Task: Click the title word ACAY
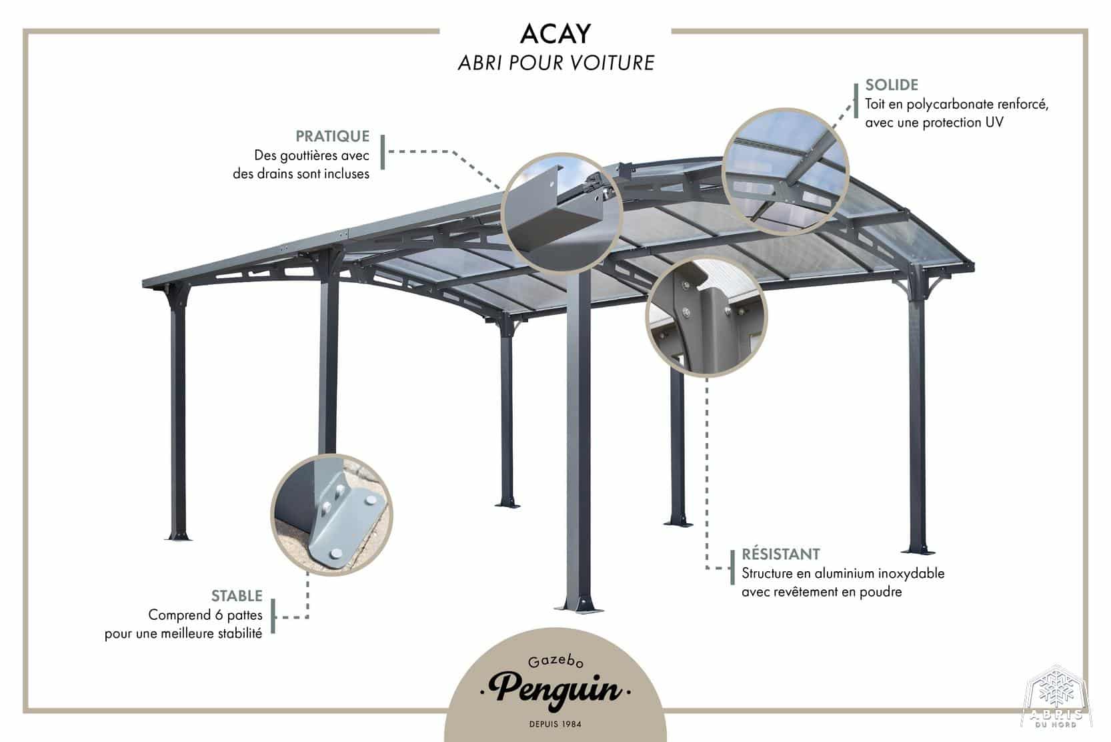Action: [555, 34]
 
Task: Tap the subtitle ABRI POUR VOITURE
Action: [556, 63]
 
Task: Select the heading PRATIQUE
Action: [332, 136]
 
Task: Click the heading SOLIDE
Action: [892, 85]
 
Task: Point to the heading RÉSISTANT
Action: [781, 554]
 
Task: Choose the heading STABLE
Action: [237, 596]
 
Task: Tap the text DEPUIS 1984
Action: [555, 724]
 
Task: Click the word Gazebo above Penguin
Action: [555, 662]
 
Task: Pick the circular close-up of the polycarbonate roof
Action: [785, 171]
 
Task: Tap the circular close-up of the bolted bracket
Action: [706, 316]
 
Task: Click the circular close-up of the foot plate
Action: [331, 514]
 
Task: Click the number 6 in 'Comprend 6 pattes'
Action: [218, 615]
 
